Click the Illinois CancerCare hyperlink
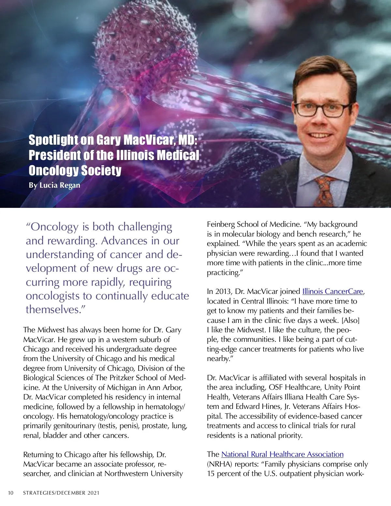pos(332,291)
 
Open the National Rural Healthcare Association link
pos(282,454)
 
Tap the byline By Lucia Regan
pos(54,185)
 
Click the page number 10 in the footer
pos(11,493)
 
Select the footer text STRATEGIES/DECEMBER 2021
pos(61,493)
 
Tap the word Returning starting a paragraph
pos(40,455)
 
